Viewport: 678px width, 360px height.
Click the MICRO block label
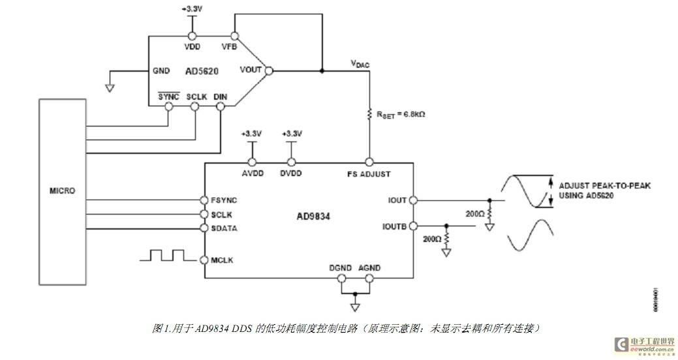pyautogui.click(x=62, y=191)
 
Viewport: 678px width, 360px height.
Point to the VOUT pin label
pyautogui.click(x=251, y=70)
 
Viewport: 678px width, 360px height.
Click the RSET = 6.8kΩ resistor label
pyautogui.click(x=401, y=115)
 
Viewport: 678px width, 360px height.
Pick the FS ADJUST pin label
pyautogui.click(x=369, y=174)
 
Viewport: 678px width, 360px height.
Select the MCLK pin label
pyautogui.click(x=222, y=260)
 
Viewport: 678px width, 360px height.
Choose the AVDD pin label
pyautogui.click(x=251, y=174)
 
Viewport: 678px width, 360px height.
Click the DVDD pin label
pyautogui.click(x=291, y=174)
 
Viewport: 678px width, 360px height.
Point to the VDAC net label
pyautogui.click(x=360, y=64)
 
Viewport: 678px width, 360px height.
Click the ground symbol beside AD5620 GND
pyautogui.click(x=110, y=85)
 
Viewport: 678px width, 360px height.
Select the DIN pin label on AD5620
pyautogui.click(x=220, y=97)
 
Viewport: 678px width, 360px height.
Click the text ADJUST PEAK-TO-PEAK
pyautogui.click(x=604, y=186)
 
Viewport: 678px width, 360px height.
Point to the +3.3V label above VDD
pyautogui.click(x=192, y=10)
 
